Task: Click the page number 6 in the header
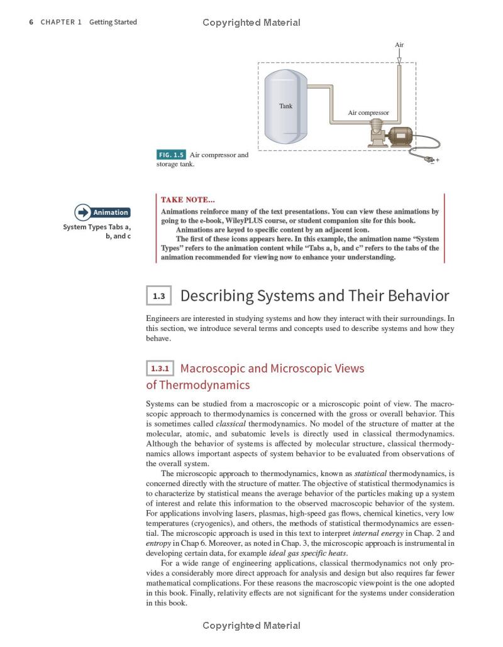(31, 22)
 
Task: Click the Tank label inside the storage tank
(285, 106)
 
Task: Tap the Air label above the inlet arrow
(399, 45)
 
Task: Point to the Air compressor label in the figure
(368, 113)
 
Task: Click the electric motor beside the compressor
(400, 136)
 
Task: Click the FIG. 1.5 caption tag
(171, 155)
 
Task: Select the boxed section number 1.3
(158, 296)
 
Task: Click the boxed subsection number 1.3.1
(160, 368)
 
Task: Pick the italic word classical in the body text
(230, 424)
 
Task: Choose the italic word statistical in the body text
(370, 473)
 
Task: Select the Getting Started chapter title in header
(113, 22)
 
